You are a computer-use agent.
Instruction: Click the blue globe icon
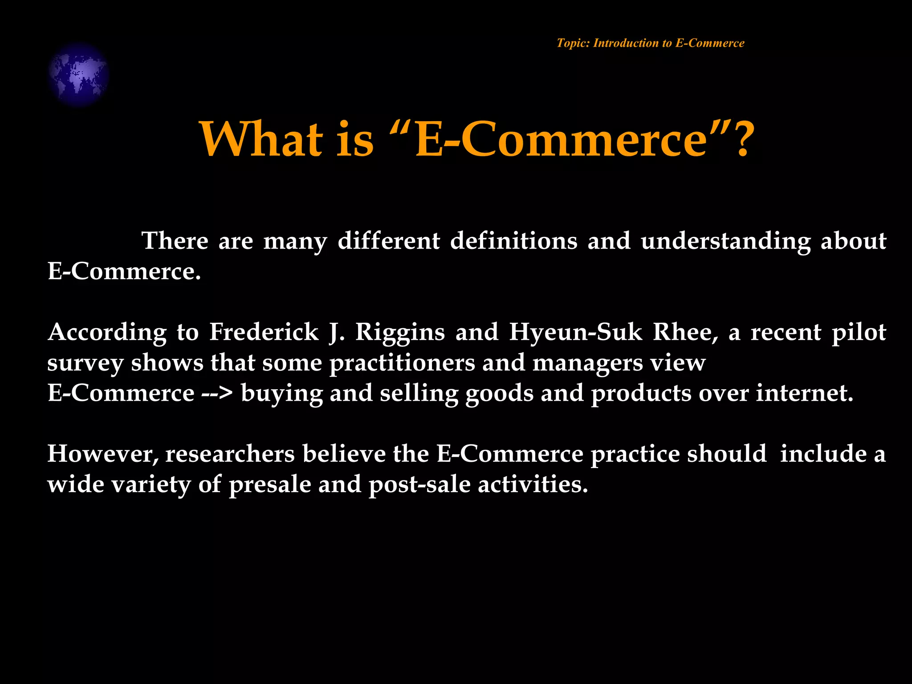(78, 74)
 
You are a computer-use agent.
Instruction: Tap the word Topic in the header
(573, 43)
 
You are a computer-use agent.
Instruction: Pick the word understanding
(725, 241)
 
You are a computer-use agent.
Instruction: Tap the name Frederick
(264, 332)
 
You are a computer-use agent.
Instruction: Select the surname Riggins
(400, 332)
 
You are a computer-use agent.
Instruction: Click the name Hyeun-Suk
(575, 332)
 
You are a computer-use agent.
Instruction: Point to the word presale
(270, 484)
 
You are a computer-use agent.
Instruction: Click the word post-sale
(419, 484)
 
